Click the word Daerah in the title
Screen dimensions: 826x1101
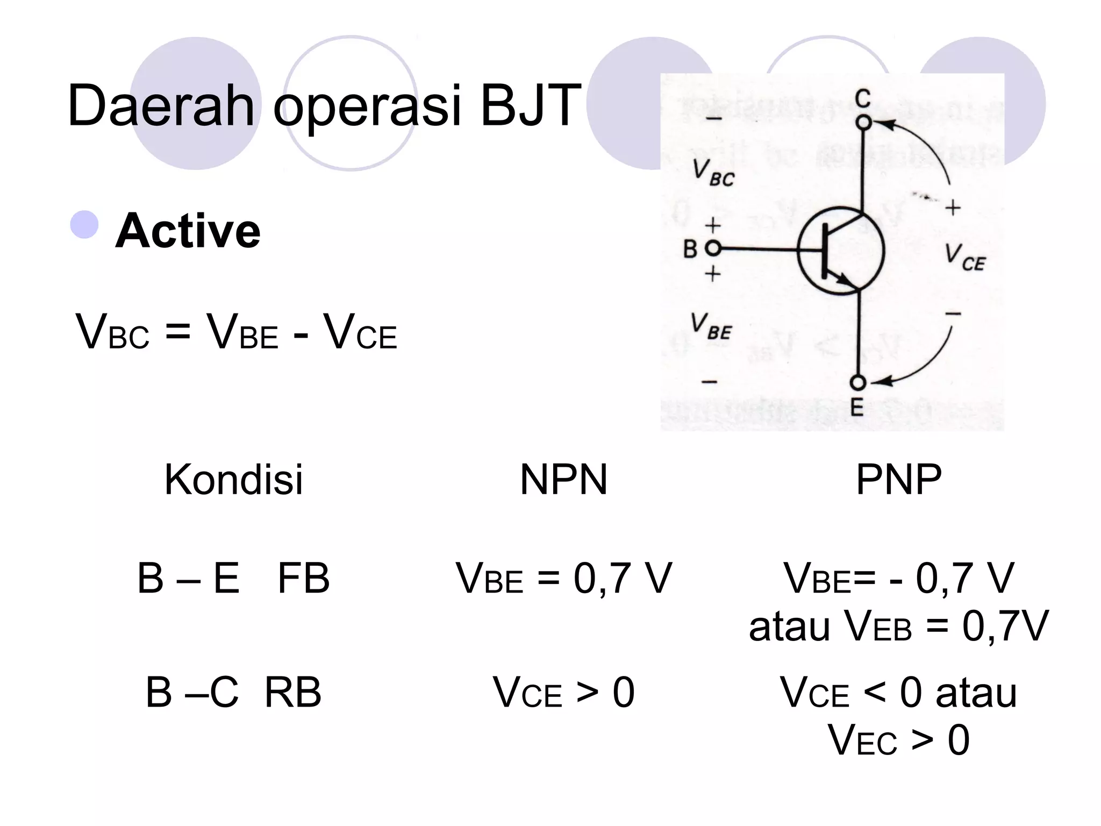pyautogui.click(x=161, y=106)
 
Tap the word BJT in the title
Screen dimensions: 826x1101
pyautogui.click(x=530, y=106)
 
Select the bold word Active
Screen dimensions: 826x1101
pyautogui.click(x=188, y=231)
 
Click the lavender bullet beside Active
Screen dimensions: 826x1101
pyautogui.click(x=84, y=225)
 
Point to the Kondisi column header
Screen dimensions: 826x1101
pyautogui.click(x=233, y=479)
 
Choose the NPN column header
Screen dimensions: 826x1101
pyautogui.click(x=563, y=479)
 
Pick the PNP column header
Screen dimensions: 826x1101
pyautogui.click(x=898, y=479)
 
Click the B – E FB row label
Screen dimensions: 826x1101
pyautogui.click(x=233, y=579)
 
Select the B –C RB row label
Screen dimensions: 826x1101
pyautogui.click(x=233, y=692)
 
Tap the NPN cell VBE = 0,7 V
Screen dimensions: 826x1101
pyautogui.click(x=563, y=579)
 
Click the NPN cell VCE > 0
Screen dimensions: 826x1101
pyautogui.click(x=563, y=693)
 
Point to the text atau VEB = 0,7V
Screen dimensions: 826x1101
pyautogui.click(x=898, y=626)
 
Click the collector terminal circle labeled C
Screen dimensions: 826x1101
pyautogui.click(x=863, y=123)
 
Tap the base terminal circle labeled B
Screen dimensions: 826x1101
pyautogui.click(x=713, y=248)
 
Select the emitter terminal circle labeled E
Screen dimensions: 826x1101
pyautogui.click(x=858, y=383)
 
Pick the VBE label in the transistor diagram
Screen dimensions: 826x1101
pyautogui.click(x=711, y=326)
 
